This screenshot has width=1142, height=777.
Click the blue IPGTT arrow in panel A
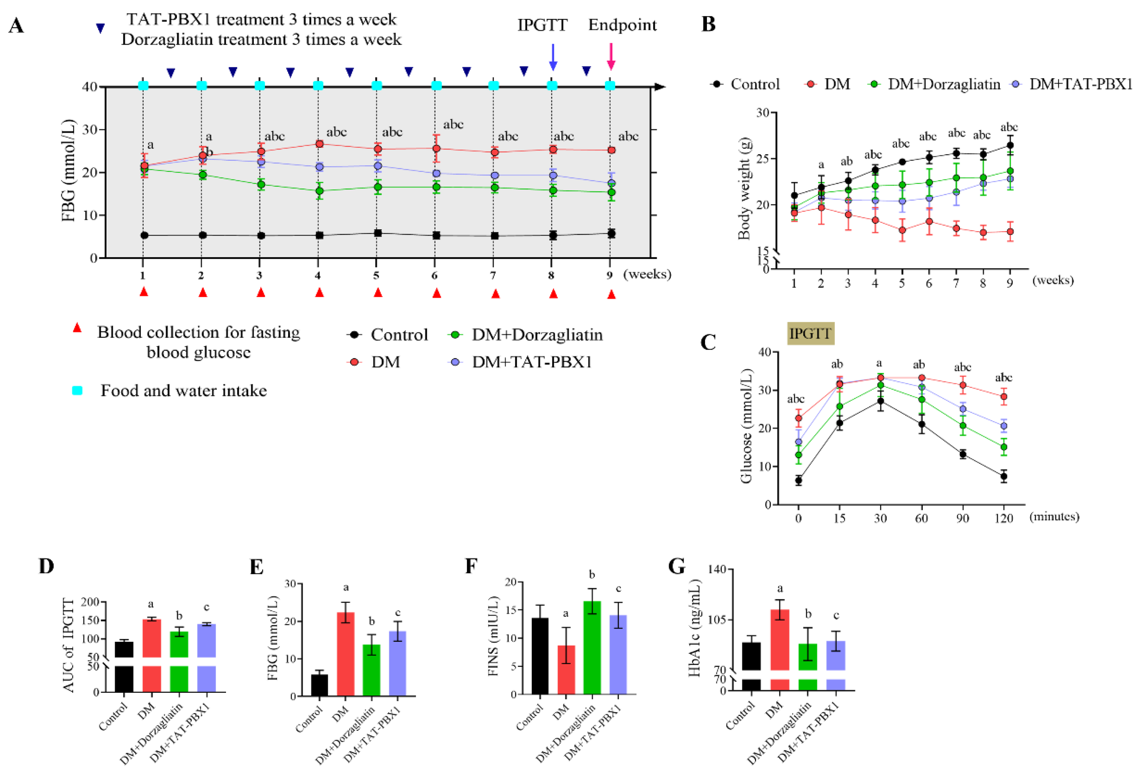[x=553, y=57]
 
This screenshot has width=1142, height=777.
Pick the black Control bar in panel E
[x=320, y=685]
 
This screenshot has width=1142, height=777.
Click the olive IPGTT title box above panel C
[x=810, y=334]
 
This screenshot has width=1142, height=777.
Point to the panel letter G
[x=677, y=566]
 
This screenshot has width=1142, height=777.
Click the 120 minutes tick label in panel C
[x=1003, y=518]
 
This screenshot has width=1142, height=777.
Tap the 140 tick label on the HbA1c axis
[x=716, y=569]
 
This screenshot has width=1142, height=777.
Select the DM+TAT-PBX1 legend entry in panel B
[x=1074, y=84]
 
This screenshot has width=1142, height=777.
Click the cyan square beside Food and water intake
[x=77, y=390]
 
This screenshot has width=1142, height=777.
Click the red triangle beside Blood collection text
[x=77, y=328]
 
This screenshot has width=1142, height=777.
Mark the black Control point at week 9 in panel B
[x=1010, y=146]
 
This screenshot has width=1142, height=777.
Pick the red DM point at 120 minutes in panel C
[x=1003, y=396]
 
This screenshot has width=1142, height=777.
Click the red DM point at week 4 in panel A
[x=320, y=144]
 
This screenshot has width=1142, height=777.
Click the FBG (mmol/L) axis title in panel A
[x=69, y=170]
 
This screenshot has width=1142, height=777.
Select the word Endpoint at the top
[x=622, y=25]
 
